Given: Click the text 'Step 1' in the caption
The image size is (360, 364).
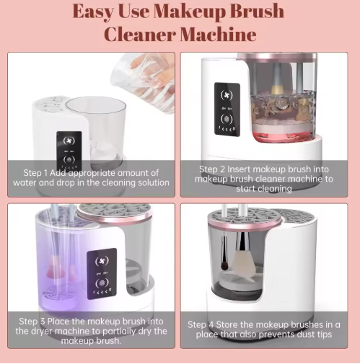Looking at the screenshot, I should click(x=35, y=172).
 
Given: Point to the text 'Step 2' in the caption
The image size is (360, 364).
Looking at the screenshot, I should click(x=214, y=169).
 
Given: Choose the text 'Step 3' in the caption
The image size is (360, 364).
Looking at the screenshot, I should click(x=35, y=320).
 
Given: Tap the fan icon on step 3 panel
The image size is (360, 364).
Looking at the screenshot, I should click(x=101, y=261).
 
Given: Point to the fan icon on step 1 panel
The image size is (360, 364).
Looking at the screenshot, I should click(x=70, y=139).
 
